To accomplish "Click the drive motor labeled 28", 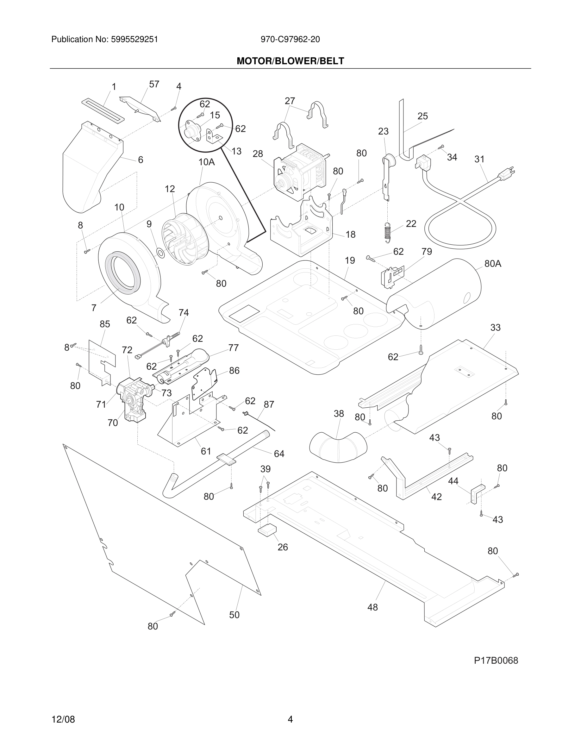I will pos(299,172).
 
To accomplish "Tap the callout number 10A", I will pos(207,162).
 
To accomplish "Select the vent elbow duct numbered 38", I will pos(338,446).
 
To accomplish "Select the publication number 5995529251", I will pos(134,39).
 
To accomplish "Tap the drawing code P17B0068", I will pos(496,661).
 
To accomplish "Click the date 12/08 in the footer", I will pos(63,719).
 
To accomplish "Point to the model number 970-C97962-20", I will pos(290,39).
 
